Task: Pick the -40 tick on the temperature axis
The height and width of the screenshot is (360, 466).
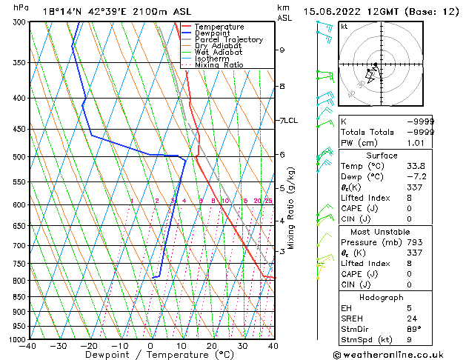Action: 29,347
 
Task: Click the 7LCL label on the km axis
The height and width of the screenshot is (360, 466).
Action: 287,120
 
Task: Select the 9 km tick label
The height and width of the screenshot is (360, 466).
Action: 282,50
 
